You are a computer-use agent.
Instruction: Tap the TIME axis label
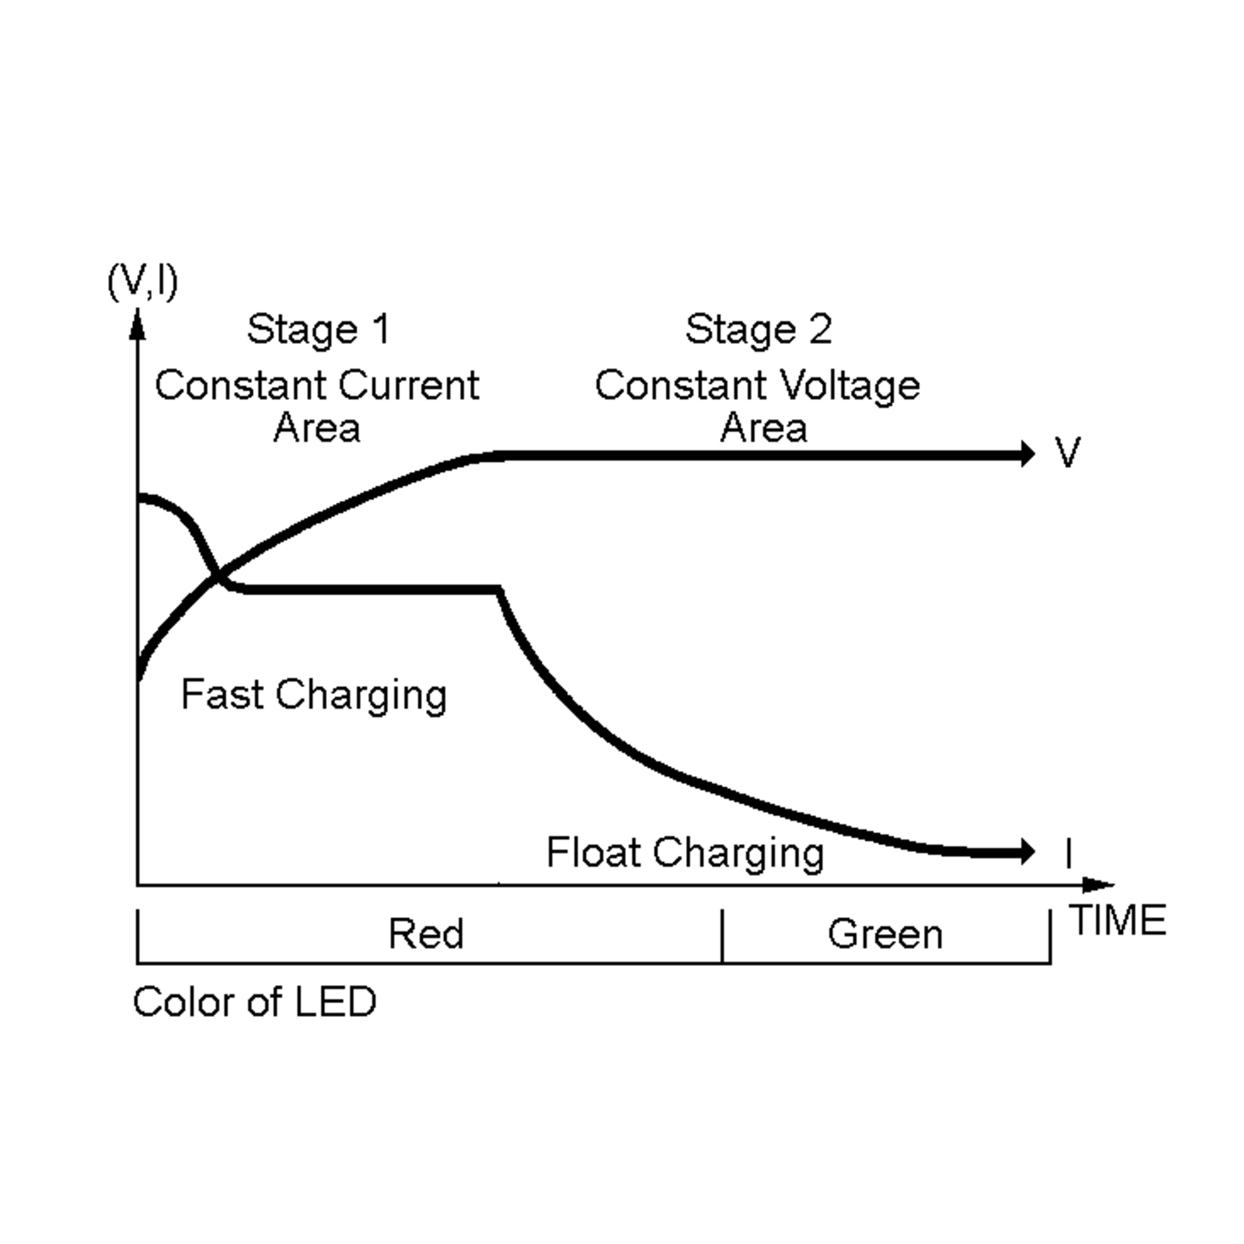point(1119,920)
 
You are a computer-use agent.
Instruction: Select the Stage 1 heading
point(319,330)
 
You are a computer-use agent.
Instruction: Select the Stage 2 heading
point(758,330)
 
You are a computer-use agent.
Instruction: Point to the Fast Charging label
point(314,696)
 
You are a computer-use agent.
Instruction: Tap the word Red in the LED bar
point(426,934)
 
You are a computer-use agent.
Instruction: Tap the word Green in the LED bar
point(885,934)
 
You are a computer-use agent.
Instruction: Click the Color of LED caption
point(255,1002)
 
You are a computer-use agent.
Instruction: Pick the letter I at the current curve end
point(1069,854)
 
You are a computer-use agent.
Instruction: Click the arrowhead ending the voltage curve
point(1028,454)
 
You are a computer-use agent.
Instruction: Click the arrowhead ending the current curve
point(1028,852)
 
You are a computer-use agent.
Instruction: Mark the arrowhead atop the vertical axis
point(137,323)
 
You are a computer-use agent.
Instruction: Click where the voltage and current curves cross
point(218,575)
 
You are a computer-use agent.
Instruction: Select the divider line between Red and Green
point(723,936)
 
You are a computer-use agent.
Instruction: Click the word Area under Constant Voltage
point(763,428)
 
